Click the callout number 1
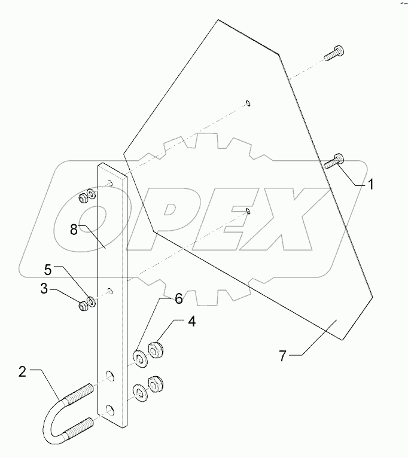370,185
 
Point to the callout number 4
191,321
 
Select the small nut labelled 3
82,307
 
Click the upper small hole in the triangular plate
248,103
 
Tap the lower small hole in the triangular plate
248,210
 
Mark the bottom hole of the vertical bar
110,409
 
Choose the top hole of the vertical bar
109,182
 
